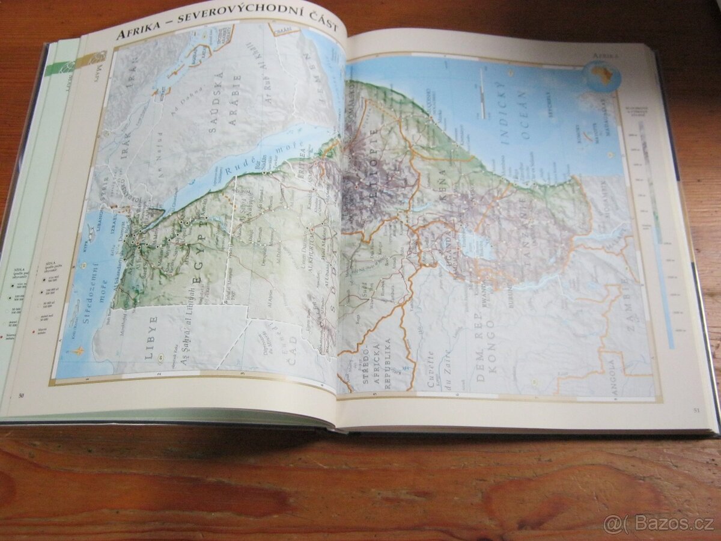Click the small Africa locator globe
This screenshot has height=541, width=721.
[x=603, y=76]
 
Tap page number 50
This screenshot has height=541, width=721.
[x=21, y=395]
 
